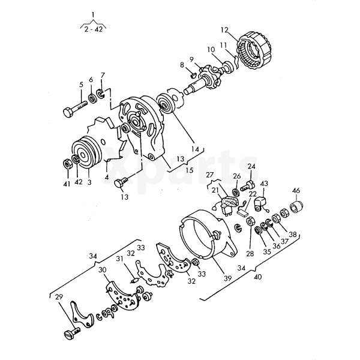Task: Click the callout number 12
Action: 225,30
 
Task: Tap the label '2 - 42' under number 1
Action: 93,29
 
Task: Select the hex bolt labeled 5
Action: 76,109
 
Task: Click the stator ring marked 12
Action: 255,51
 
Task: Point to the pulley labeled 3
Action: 86,152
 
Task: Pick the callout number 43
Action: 264,184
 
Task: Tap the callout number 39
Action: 228,278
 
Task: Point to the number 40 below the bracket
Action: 258,277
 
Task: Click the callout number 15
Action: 190,170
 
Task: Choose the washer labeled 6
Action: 93,99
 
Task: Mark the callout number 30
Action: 103,270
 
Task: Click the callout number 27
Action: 209,175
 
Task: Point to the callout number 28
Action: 250,253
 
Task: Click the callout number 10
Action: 211,50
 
